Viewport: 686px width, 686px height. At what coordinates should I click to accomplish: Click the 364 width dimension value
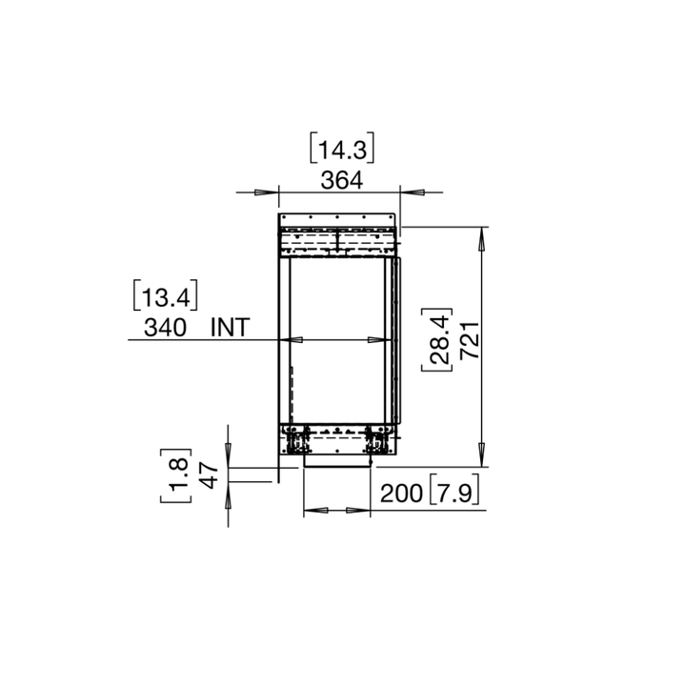(x=340, y=178)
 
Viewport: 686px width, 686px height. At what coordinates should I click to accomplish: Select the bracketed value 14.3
(x=340, y=150)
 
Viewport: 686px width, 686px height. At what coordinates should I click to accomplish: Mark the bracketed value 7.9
(x=454, y=494)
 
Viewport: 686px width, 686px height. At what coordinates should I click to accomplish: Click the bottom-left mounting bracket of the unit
(x=297, y=441)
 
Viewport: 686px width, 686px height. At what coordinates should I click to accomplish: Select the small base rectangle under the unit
(x=336, y=461)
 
